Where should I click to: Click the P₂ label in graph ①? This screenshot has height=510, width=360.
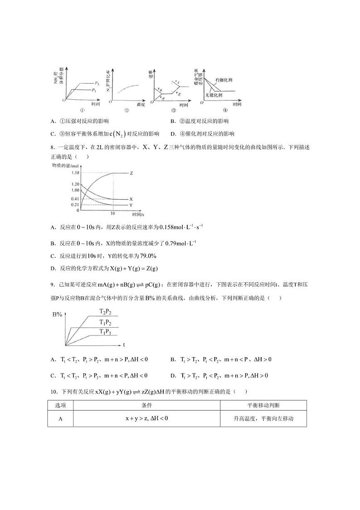[97, 83]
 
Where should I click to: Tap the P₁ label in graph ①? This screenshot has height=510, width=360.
[94, 91]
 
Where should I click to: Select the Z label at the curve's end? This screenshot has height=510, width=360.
[131, 173]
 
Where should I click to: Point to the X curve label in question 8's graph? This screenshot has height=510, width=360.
[131, 199]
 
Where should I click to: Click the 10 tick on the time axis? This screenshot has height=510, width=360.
[112, 213]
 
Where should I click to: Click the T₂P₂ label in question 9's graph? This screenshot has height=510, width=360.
[108, 312]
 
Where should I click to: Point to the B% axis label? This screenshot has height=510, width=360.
[57, 314]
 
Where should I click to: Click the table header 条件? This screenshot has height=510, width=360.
[146, 405]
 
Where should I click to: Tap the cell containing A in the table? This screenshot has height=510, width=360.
[60, 418]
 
